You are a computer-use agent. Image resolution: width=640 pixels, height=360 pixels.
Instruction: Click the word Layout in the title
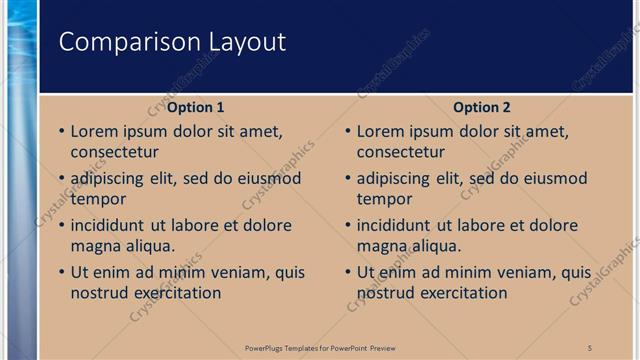[x=246, y=42]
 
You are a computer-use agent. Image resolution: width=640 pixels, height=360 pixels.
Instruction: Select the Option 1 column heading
[x=195, y=107]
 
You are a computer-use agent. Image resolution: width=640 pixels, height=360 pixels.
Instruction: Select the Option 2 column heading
[x=482, y=107]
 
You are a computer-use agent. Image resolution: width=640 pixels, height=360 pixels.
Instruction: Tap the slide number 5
[x=590, y=347]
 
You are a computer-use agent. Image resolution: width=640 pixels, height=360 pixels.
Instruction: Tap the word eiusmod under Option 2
[x=553, y=179]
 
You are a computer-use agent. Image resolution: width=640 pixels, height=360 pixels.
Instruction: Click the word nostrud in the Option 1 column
[x=98, y=292]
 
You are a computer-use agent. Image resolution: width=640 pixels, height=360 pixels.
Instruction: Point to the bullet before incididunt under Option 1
[x=61, y=226]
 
